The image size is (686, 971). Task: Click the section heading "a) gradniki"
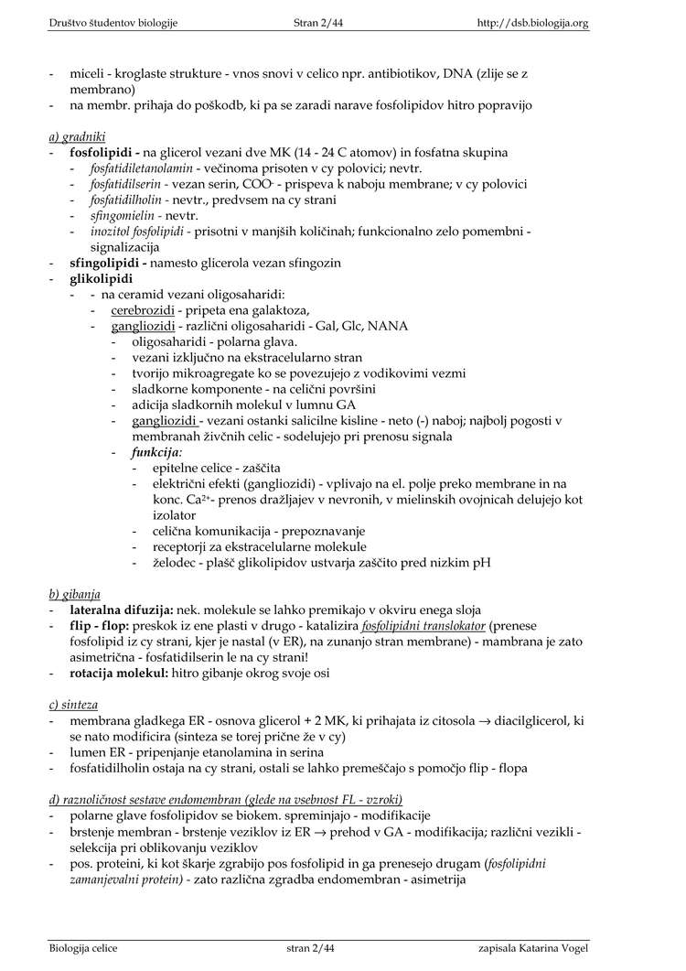77,136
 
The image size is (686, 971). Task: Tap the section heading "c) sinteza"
73,705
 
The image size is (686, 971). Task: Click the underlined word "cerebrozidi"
143,310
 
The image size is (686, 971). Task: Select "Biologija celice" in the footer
83,947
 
